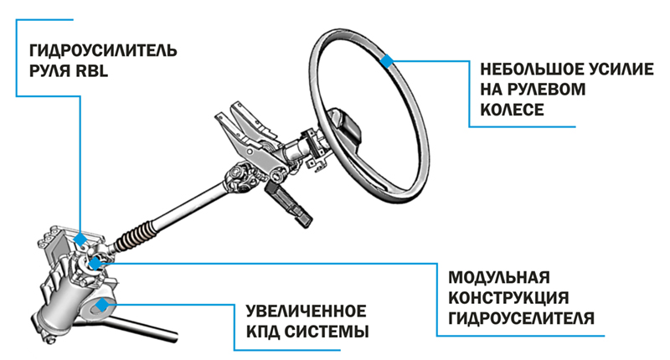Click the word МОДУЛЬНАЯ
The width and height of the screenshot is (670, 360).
click(498, 277)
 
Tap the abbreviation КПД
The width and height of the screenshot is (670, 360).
click(265, 332)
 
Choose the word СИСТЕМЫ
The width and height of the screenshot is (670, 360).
click(330, 332)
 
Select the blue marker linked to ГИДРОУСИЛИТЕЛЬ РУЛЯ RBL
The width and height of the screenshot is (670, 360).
click(80, 239)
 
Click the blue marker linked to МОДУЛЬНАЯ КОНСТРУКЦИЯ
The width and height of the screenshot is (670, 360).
click(96, 265)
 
